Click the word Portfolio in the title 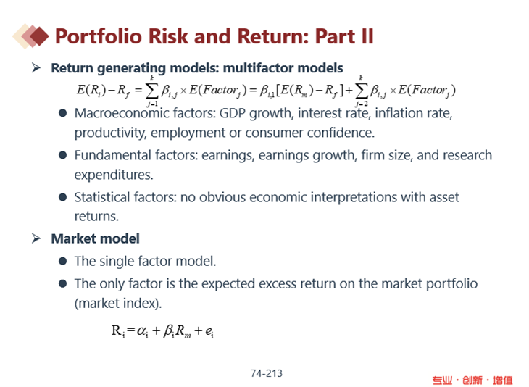[98, 36]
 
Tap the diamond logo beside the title [30, 36]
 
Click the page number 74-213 [267, 373]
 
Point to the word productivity [110, 133]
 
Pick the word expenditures [114, 175]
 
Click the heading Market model [95, 238]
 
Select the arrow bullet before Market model [36, 238]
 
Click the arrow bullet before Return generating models [36, 68]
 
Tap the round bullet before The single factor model [62, 261]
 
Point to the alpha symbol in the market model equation [142, 331]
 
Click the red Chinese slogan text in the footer [472, 380]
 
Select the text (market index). [118, 304]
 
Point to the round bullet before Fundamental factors [62, 155]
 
